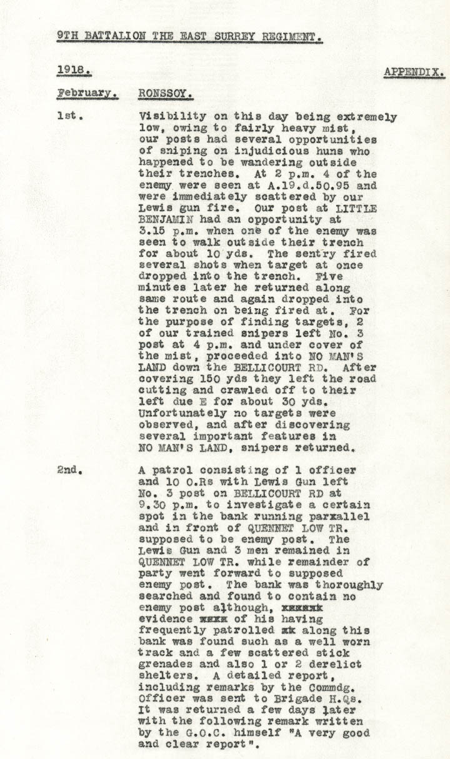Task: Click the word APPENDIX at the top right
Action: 414,72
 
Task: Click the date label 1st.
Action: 66,116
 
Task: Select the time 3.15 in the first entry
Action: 152,231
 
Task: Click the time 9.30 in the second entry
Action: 152,505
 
